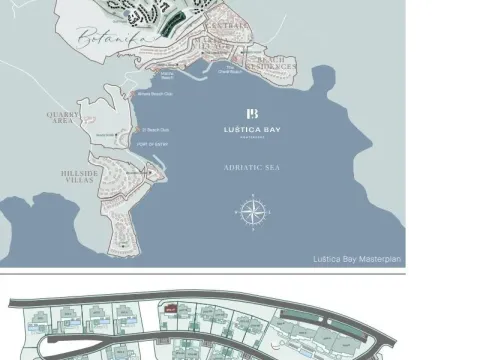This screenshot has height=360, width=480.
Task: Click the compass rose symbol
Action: tap(251, 212)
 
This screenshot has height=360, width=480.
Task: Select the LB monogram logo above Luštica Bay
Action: tap(253, 113)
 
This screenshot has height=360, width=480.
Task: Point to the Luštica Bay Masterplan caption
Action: tap(355, 258)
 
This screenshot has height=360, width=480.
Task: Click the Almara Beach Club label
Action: tap(153, 96)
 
